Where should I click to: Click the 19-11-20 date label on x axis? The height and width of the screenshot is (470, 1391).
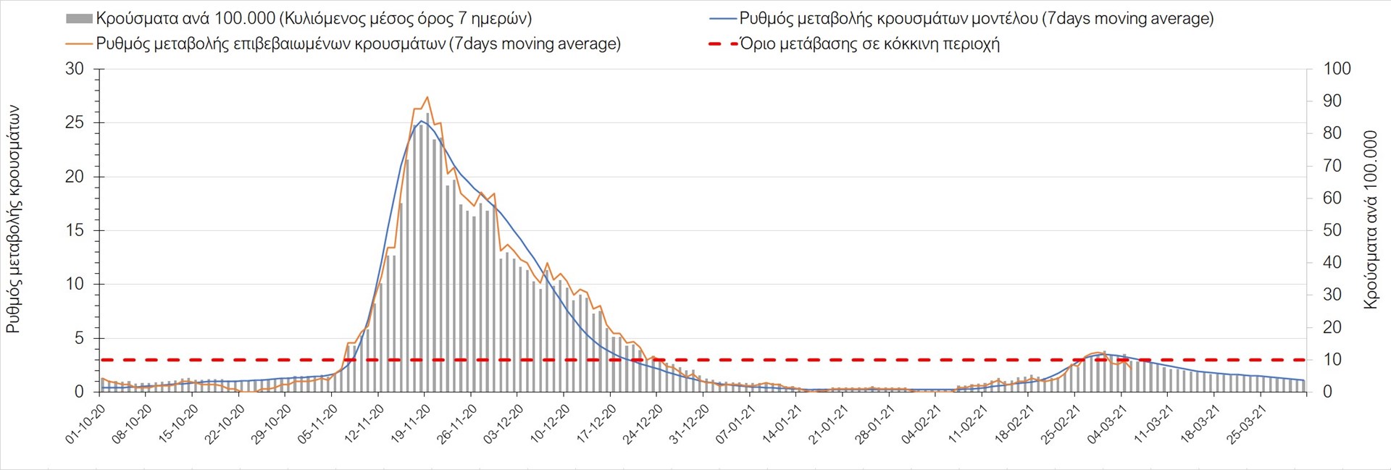click(x=410, y=424)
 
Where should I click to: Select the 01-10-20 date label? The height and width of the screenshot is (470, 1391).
click(x=85, y=424)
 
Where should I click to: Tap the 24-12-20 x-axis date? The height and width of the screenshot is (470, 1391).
click(x=643, y=424)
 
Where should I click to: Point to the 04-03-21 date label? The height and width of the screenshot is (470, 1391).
click(x=1107, y=424)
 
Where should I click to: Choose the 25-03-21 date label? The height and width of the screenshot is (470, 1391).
click(x=1246, y=424)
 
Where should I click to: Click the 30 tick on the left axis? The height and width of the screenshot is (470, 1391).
click(x=75, y=69)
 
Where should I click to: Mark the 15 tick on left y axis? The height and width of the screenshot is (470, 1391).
click(x=75, y=230)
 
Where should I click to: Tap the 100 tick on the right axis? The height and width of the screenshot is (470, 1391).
click(x=1337, y=69)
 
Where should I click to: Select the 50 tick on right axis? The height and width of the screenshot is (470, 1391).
click(x=1332, y=230)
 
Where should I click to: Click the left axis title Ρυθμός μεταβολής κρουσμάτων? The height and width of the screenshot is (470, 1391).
click(x=13, y=219)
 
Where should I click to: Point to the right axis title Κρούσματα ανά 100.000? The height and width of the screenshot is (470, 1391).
click(x=1370, y=219)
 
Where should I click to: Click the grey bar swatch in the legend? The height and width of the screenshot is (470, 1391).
click(x=79, y=19)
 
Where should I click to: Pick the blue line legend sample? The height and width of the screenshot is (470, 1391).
click(x=722, y=19)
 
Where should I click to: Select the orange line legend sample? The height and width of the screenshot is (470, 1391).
click(x=79, y=43)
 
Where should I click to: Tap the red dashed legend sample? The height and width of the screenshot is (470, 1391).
click(x=722, y=43)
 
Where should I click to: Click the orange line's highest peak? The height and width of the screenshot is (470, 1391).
click(x=427, y=97)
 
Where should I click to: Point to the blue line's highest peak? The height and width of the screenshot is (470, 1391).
click(x=422, y=121)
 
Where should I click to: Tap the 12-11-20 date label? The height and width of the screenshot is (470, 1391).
click(x=364, y=424)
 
